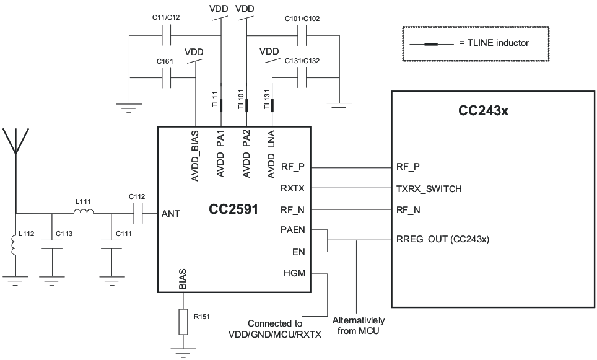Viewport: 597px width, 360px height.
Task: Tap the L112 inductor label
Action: (27, 234)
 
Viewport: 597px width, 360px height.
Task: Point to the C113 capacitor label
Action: (64, 234)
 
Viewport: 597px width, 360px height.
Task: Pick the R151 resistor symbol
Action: (183, 321)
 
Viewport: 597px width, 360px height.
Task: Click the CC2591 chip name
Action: (233, 209)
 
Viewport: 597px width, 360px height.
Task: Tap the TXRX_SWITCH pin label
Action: (429, 188)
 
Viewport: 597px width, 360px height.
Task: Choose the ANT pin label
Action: (170, 214)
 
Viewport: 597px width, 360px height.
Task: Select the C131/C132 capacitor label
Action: (302, 61)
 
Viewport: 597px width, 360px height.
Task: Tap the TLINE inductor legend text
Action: (494, 43)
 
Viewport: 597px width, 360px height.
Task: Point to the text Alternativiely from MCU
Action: (358, 325)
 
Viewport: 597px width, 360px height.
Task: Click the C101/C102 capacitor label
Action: (302, 19)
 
